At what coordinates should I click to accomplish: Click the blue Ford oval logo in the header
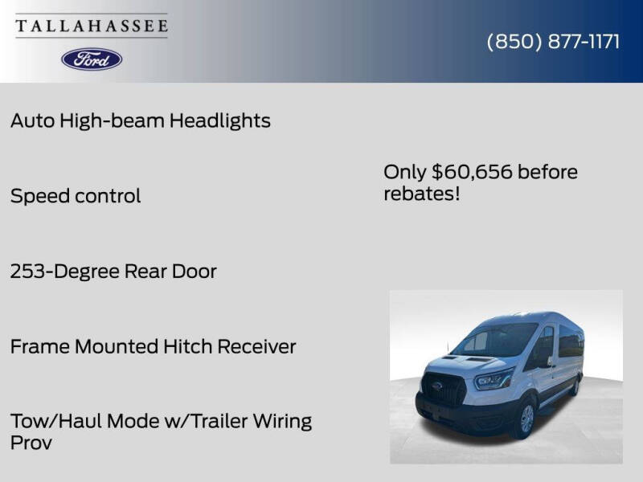92,59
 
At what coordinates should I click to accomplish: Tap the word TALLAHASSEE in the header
92,27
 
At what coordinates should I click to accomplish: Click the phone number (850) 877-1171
553,42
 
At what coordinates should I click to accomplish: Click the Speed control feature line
76,196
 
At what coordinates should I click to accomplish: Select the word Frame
39,347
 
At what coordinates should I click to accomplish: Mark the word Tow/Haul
58,421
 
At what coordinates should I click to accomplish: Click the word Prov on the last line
31,443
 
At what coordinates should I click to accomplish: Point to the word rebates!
421,194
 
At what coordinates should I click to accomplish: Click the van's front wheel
526,418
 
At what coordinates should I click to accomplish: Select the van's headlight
493,378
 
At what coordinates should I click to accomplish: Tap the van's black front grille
444,389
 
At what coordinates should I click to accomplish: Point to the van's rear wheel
574,386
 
